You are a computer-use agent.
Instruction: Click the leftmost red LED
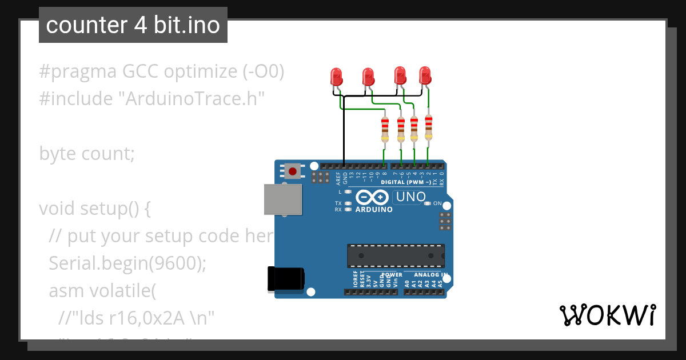[336, 76]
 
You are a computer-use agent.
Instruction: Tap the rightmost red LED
[425, 75]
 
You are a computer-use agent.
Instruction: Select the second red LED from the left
[368, 76]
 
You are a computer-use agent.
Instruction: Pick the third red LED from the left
[400, 75]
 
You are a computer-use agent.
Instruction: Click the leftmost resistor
[385, 130]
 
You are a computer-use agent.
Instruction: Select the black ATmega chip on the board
[396, 255]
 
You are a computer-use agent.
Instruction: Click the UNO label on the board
[409, 197]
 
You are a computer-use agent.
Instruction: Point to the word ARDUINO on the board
[374, 210]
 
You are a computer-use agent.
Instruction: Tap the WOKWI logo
[607, 315]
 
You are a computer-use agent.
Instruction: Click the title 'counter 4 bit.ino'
[133, 25]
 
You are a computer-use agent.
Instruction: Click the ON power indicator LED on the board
[428, 203]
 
